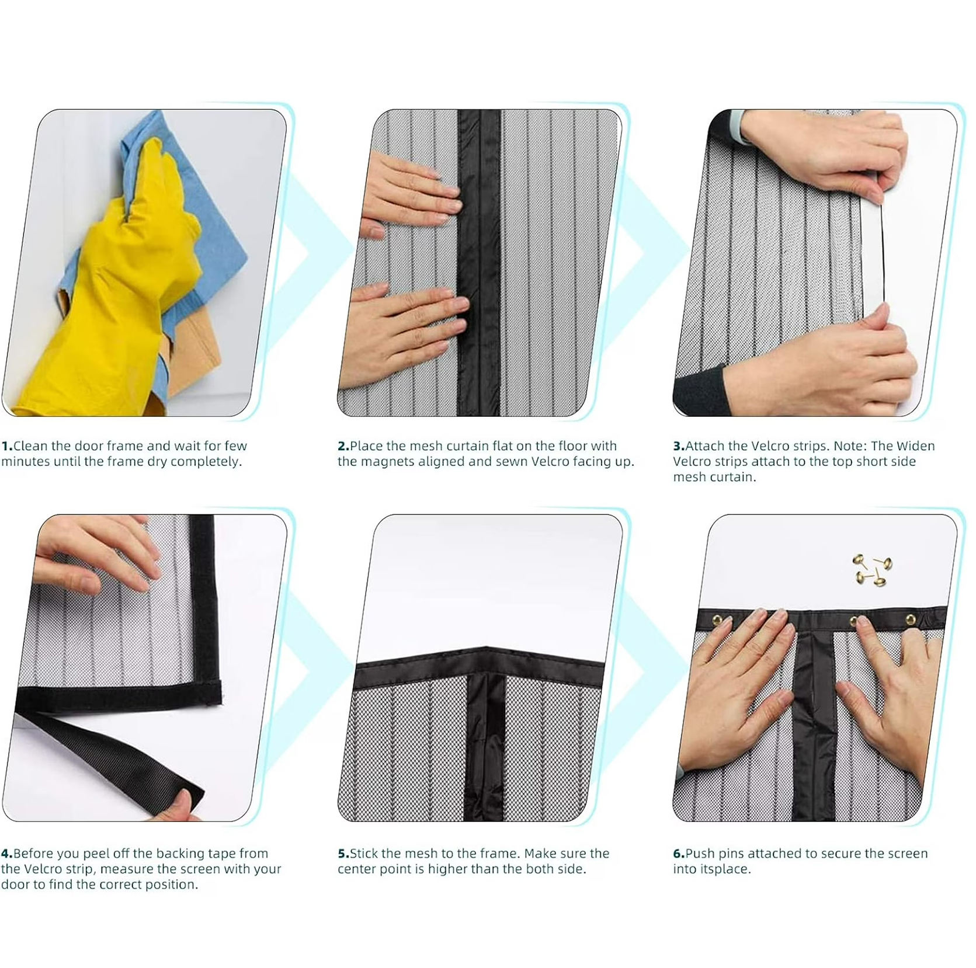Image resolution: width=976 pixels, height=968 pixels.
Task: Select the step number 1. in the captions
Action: (x=7, y=446)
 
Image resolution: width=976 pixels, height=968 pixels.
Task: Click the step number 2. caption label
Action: (x=343, y=446)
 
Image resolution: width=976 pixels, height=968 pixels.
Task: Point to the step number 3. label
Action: (x=679, y=446)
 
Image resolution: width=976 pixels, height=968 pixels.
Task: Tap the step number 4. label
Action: (x=7, y=854)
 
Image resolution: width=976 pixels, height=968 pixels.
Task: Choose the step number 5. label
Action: (x=343, y=854)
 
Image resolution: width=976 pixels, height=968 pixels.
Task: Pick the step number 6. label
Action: (x=679, y=854)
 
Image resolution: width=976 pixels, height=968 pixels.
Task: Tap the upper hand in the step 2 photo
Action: (x=409, y=193)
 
